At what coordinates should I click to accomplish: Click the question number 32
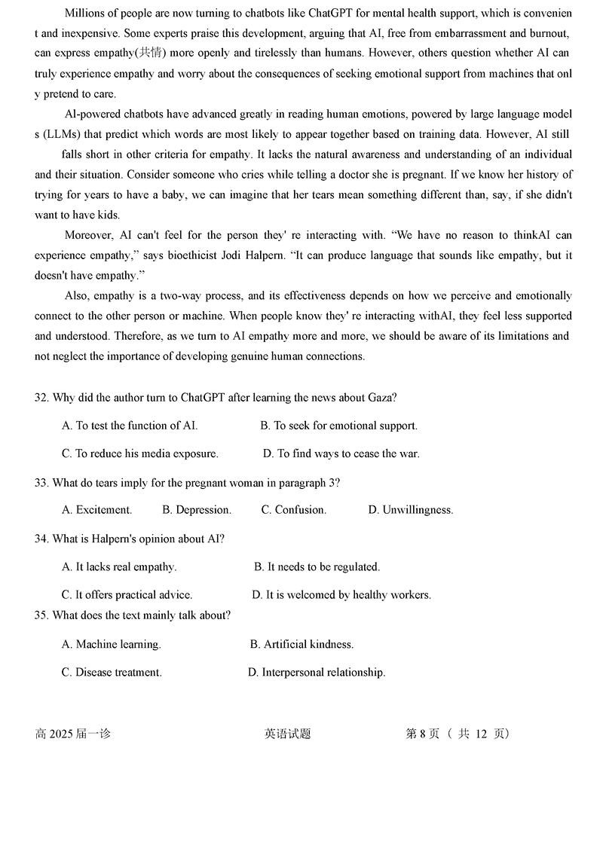(41, 397)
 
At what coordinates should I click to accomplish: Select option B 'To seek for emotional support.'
(338, 426)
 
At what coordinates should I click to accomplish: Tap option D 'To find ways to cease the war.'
(341, 453)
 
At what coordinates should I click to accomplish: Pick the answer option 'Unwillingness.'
(410, 510)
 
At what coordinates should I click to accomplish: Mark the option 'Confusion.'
(293, 510)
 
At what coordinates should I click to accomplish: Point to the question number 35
(41, 615)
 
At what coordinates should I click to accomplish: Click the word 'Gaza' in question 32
(382, 397)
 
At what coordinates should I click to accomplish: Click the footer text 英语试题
(288, 734)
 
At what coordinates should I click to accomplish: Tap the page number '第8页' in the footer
(422, 734)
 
